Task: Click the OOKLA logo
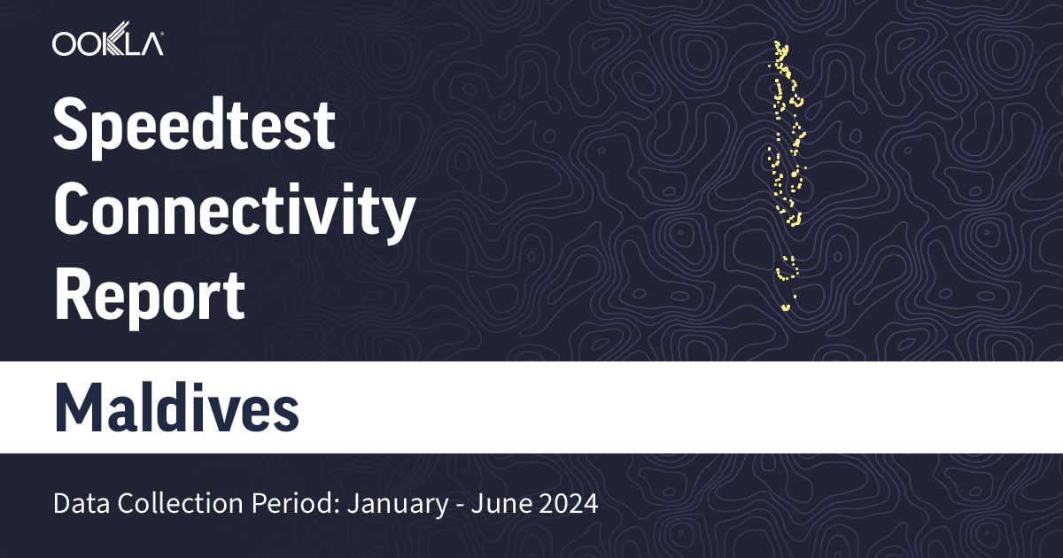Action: [x=107, y=43]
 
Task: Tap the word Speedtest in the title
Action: [x=194, y=126]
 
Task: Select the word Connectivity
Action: [x=234, y=212]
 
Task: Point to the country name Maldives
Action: [x=176, y=407]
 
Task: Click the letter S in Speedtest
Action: [x=73, y=126]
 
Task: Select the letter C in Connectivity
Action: [x=74, y=212]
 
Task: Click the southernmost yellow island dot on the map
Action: [x=785, y=308]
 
